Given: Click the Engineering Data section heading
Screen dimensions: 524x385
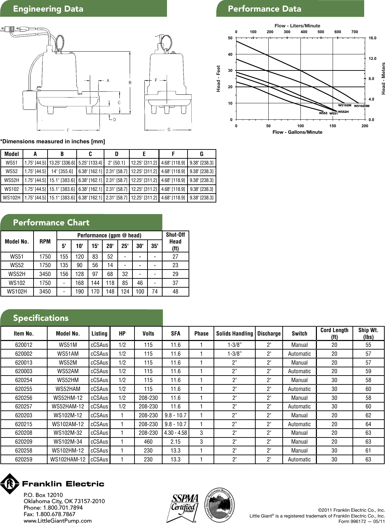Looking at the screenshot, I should click(x=48, y=9).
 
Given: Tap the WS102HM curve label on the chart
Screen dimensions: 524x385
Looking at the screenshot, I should click(x=361, y=106).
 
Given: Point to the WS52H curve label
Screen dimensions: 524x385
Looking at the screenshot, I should click(x=343, y=112).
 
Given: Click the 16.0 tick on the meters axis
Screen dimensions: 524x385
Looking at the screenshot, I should click(x=372, y=38).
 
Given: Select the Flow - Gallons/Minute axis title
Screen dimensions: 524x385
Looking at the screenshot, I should click(x=297, y=132).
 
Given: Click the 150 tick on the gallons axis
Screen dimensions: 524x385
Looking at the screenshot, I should click(x=333, y=126).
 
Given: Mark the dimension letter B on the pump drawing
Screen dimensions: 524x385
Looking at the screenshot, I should click(x=130, y=82).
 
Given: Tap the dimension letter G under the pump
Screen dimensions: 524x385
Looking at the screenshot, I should click(x=169, y=130).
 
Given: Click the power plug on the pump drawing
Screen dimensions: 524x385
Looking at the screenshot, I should click(x=7, y=30).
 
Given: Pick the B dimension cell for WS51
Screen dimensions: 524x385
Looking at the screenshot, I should click(x=62, y=163).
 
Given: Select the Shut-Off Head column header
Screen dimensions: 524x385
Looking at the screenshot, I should click(x=175, y=241).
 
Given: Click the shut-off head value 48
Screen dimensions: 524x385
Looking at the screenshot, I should click(x=175, y=292).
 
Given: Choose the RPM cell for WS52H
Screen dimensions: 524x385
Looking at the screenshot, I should click(x=45, y=274).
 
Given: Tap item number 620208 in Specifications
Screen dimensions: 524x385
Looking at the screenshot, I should click(x=24, y=433).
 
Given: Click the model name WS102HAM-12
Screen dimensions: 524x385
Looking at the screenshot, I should click(x=68, y=459).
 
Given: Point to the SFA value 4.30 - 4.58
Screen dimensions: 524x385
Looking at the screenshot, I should click(x=176, y=433).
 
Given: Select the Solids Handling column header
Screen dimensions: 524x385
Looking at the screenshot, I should click(x=234, y=333).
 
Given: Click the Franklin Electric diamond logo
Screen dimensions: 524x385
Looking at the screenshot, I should click(x=10, y=484).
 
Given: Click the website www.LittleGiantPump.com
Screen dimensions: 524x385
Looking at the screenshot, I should click(x=57, y=521).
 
